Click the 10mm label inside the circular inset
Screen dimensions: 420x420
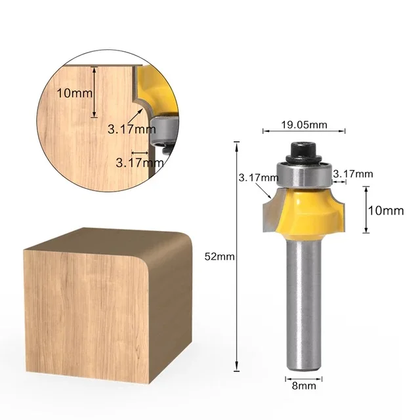coord(74,93)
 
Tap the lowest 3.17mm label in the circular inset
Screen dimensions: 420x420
coord(138,162)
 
